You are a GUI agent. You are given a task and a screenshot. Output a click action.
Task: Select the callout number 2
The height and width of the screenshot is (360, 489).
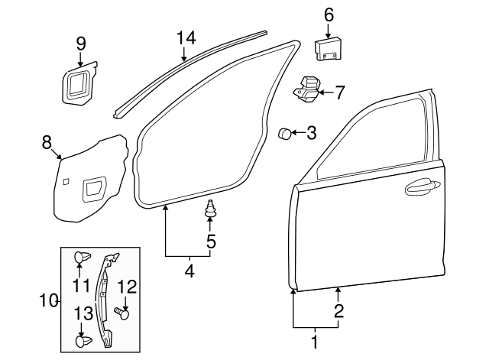(338, 311)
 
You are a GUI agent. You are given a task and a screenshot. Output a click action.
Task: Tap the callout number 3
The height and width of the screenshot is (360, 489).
(311, 134)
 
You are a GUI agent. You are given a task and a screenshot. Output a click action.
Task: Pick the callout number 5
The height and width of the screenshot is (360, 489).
(210, 242)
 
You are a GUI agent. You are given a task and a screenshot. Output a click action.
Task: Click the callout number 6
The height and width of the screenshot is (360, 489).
(329, 14)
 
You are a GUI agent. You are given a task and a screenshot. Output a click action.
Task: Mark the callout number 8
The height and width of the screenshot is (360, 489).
(47, 141)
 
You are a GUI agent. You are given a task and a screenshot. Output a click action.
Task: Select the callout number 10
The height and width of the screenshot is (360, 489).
(48, 300)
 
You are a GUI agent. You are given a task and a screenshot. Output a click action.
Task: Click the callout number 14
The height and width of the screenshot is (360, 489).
(186, 37)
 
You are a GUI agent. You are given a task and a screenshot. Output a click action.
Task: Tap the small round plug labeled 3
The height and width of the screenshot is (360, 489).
(285, 134)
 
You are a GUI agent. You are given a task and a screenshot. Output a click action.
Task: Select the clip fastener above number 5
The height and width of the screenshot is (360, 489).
(209, 208)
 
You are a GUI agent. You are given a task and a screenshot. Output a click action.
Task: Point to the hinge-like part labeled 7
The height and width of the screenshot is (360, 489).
(309, 90)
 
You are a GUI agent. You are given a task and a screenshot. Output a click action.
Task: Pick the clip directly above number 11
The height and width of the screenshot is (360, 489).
(80, 258)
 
